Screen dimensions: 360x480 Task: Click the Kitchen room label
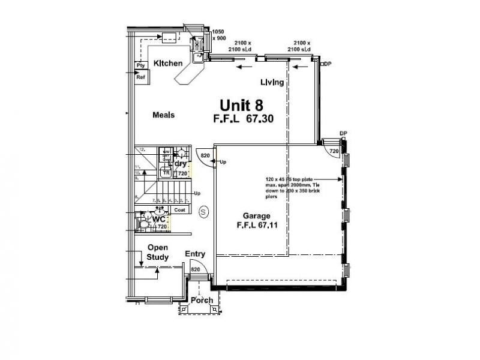click(168, 63)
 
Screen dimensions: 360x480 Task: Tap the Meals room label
click(163, 115)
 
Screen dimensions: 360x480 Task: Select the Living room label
click(272, 82)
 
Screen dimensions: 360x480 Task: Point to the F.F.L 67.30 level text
click(243, 119)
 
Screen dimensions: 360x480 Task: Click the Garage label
click(256, 215)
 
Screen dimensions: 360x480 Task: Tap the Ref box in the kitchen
click(141, 77)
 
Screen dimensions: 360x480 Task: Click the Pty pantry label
click(141, 65)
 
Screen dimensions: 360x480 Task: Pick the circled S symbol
click(203, 211)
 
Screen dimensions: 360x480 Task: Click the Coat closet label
click(179, 210)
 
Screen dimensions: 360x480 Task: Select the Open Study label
click(158, 252)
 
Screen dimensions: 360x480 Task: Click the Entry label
click(195, 254)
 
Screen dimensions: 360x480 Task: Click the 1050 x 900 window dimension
click(218, 34)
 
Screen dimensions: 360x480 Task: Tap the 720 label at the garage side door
click(334, 152)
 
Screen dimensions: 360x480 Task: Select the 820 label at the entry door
click(195, 270)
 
